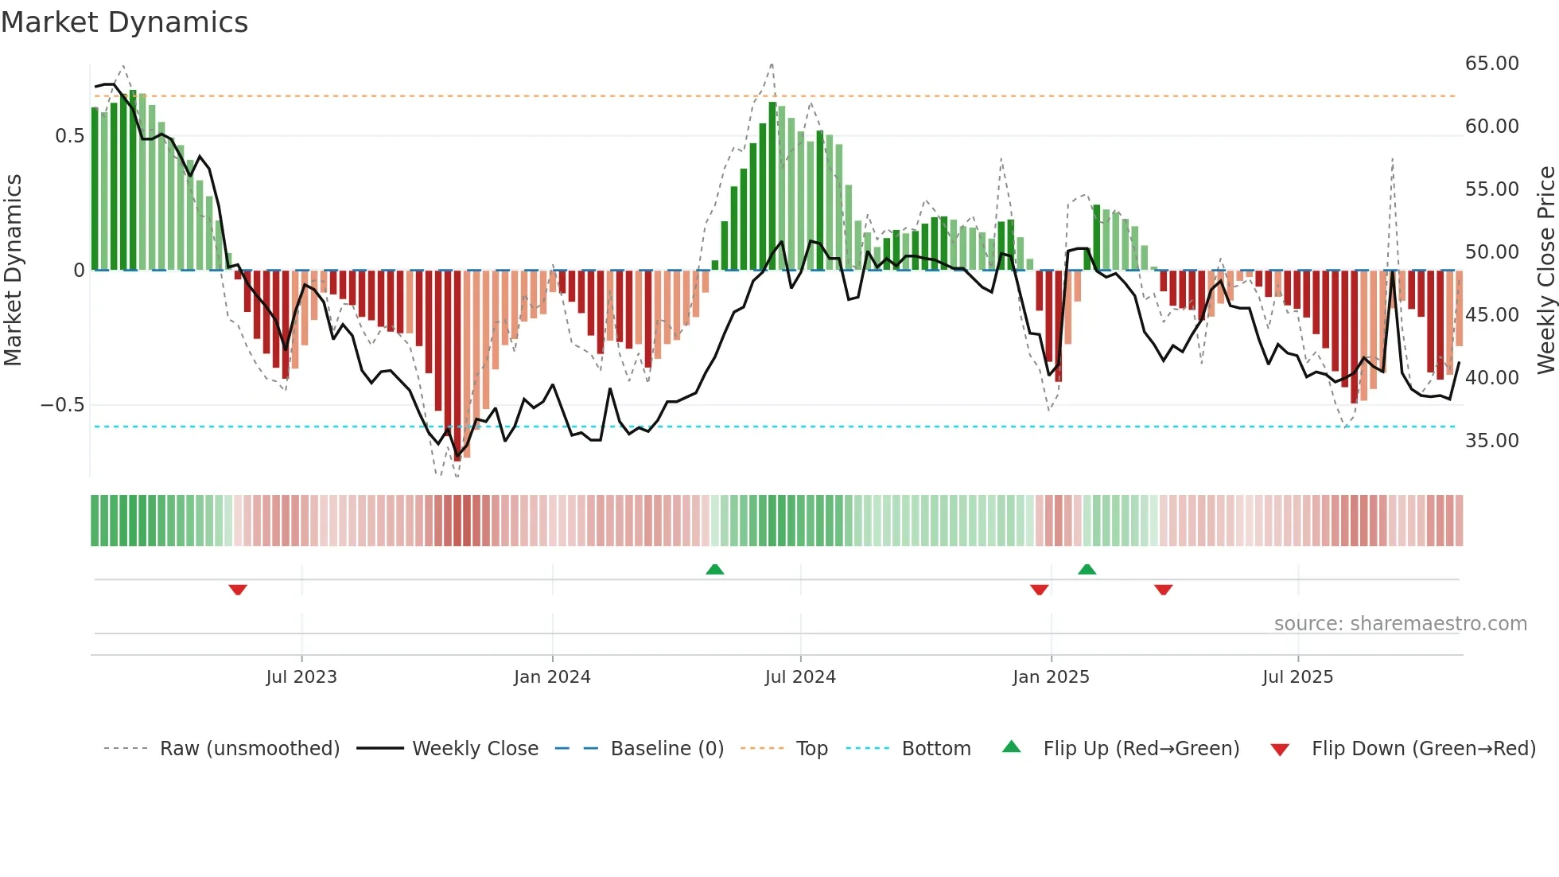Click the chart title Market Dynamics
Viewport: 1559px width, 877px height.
coord(124,22)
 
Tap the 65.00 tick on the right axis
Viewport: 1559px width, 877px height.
coord(1491,64)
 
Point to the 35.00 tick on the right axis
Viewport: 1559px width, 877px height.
coord(1491,441)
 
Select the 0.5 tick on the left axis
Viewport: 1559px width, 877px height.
coord(69,136)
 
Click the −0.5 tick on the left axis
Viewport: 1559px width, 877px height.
coord(62,405)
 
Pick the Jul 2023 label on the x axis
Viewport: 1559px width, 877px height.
coord(301,677)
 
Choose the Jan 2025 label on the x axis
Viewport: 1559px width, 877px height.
coord(1051,677)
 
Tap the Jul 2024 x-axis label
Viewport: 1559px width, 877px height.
coord(800,677)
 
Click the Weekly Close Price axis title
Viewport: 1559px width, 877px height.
coord(1545,271)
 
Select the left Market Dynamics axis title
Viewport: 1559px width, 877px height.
coord(13,271)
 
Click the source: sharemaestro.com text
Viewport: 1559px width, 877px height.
coord(1400,624)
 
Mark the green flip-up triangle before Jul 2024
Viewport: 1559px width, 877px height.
coord(715,569)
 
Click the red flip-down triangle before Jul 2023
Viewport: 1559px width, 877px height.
coord(238,590)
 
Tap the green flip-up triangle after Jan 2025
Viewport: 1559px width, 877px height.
coord(1087,569)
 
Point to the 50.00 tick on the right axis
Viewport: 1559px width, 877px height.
coord(1491,252)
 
